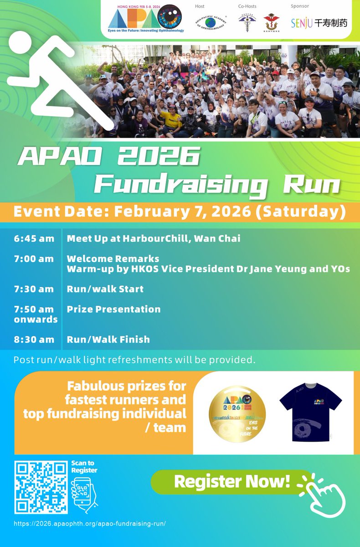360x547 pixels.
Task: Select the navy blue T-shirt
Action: pyautogui.click(x=310, y=413)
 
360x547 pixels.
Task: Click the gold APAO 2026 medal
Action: pyautogui.click(x=237, y=413)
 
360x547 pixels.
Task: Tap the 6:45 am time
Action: pyautogui.click(x=34, y=238)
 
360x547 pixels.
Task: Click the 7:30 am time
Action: pyautogui.click(x=34, y=289)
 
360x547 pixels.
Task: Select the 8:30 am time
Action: pyautogui.click(x=34, y=340)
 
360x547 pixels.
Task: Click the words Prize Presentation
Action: pyautogui.click(x=113, y=309)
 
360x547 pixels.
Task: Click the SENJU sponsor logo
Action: pyautogui.click(x=319, y=22)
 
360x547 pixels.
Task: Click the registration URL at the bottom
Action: pyautogui.click(x=90, y=524)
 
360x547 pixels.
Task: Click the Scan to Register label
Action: pyautogui.click(x=84, y=467)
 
